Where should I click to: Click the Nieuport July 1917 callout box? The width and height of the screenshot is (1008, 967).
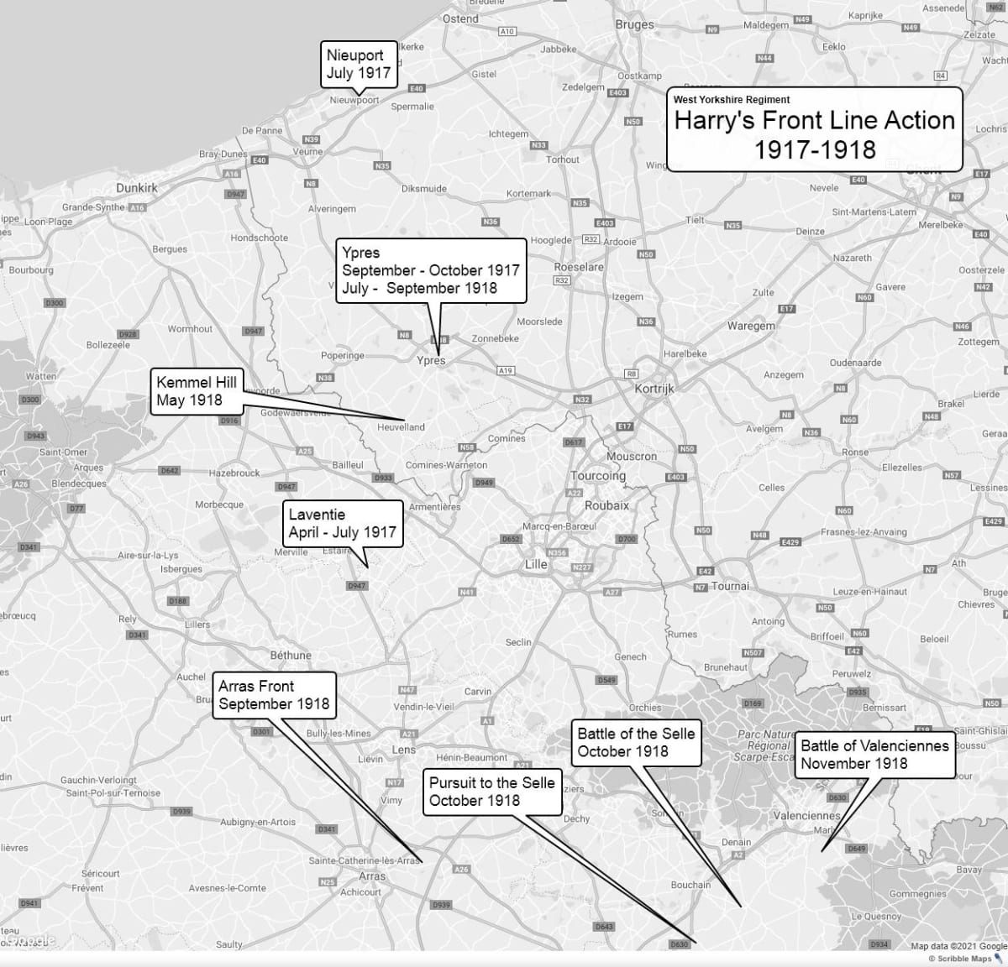(359, 64)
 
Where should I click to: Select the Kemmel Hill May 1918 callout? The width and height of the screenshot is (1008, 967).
(196, 391)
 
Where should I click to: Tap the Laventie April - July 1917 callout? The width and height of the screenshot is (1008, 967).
(342, 523)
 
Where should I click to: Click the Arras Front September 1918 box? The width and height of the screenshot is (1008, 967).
(274, 695)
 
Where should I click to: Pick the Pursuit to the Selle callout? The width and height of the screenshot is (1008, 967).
(491, 792)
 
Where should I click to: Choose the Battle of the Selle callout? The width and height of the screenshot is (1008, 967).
(636, 742)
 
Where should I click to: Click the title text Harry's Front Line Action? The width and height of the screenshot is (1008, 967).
(814, 121)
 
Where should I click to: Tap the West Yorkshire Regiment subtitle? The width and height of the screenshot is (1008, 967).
(732, 100)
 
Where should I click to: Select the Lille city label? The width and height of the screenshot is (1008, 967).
(536, 564)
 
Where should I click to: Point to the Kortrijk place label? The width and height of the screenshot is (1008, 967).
(654, 389)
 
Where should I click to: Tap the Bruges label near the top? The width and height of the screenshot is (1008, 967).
(634, 24)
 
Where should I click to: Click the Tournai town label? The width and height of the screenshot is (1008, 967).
(730, 586)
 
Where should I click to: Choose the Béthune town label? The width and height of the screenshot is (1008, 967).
(291, 655)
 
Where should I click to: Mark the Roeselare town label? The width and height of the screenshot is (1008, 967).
(579, 267)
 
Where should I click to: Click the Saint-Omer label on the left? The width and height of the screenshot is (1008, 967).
(63, 452)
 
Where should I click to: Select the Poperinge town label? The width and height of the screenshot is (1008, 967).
(343, 356)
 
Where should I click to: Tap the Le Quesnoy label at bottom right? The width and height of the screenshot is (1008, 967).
(876, 917)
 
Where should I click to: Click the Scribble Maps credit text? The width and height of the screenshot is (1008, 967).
(959, 959)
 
